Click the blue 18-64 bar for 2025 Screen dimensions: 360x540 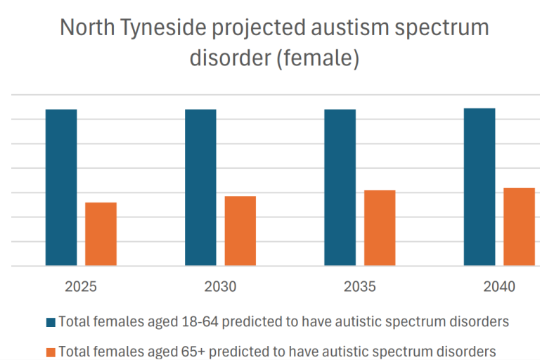pyautogui.click(x=61, y=187)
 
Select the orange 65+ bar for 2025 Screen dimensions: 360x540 pyautogui.click(x=101, y=234)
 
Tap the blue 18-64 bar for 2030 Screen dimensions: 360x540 pyautogui.click(x=200, y=187)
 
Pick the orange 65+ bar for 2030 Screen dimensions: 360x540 pyautogui.click(x=240, y=231)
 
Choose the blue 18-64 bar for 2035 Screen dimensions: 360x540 pyautogui.click(x=340, y=187)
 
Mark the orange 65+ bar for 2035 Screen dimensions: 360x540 pyautogui.click(x=380, y=228)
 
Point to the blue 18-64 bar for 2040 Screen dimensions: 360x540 pyautogui.click(x=480, y=187)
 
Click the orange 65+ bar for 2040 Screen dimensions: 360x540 pyautogui.click(x=519, y=226)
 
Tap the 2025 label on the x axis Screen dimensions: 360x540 pyautogui.click(x=81, y=287)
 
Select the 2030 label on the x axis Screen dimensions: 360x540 pyautogui.click(x=220, y=287)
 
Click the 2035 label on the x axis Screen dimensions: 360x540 pyautogui.click(x=360, y=287)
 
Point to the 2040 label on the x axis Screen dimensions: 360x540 pyautogui.click(x=499, y=287)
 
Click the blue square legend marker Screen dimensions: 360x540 pyautogui.click(x=51, y=323)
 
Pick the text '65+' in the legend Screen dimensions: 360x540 pyautogui.click(x=195, y=350)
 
